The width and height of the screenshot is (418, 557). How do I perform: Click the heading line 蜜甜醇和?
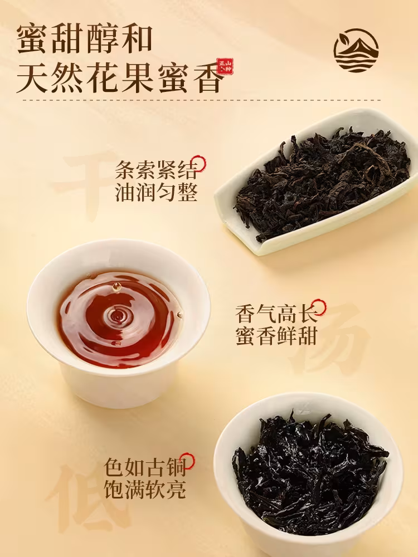(x=85, y=39)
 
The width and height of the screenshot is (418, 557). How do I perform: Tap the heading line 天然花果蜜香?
(x=120, y=76)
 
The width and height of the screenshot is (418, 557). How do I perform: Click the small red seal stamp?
(x=225, y=66)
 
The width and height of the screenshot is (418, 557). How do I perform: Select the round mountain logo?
(x=356, y=50)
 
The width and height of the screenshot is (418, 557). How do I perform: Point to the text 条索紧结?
(x=156, y=169)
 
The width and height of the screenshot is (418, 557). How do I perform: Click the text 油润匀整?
(x=156, y=192)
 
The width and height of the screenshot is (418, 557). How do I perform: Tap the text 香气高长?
(x=276, y=313)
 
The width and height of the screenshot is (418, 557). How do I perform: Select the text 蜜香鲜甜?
(x=276, y=335)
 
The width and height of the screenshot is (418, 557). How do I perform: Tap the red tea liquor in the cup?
(x=120, y=319)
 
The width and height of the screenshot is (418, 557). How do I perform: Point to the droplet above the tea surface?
(x=116, y=286)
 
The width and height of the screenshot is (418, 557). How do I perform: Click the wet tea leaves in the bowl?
(x=309, y=472)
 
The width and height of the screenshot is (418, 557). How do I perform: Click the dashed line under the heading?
(x=202, y=100)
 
